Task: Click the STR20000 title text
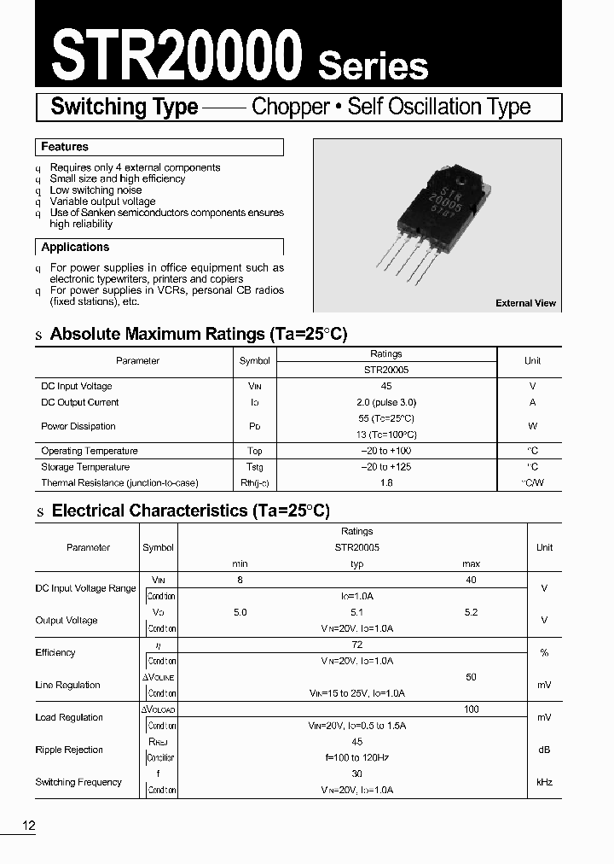click(177, 54)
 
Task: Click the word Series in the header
click(373, 65)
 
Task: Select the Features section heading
click(65, 147)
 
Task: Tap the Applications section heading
click(75, 248)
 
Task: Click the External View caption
click(525, 303)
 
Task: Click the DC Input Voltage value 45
click(386, 386)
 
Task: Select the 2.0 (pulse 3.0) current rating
click(386, 402)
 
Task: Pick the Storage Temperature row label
click(85, 467)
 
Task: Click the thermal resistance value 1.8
click(386, 483)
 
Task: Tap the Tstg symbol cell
click(254, 467)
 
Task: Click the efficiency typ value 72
click(356, 645)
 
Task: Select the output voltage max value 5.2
click(471, 612)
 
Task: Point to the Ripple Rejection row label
click(69, 750)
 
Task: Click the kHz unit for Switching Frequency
click(544, 782)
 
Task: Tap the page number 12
click(29, 826)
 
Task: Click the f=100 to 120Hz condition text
click(356, 757)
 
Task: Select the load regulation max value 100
click(471, 709)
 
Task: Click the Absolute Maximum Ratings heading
click(199, 335)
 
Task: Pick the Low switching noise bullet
click(96, 190)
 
